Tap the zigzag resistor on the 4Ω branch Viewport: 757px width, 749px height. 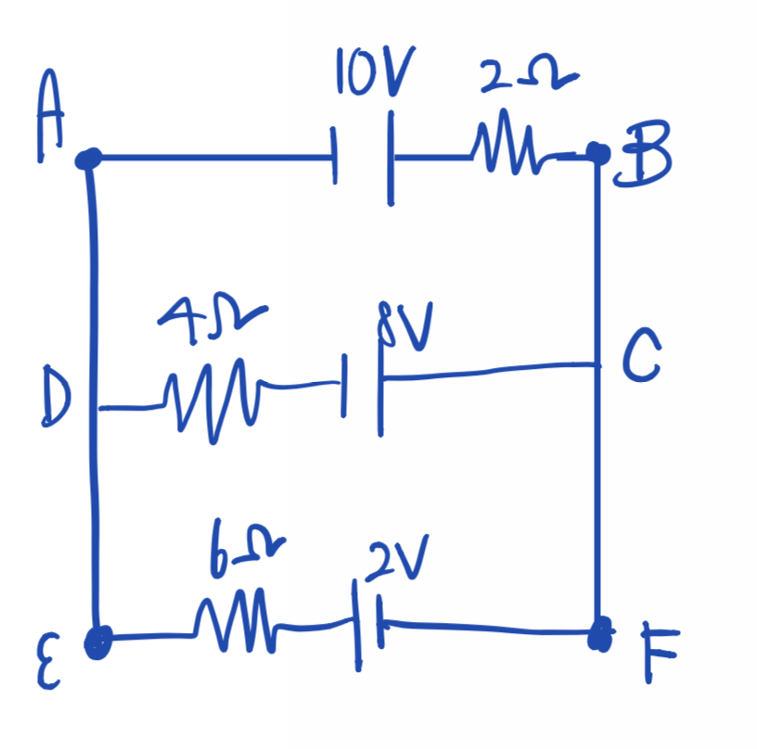pos(212,397)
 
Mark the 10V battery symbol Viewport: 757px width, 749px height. pos(364,158)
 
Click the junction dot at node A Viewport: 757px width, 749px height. pos(89,159)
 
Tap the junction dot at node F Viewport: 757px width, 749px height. pos(599,635)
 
